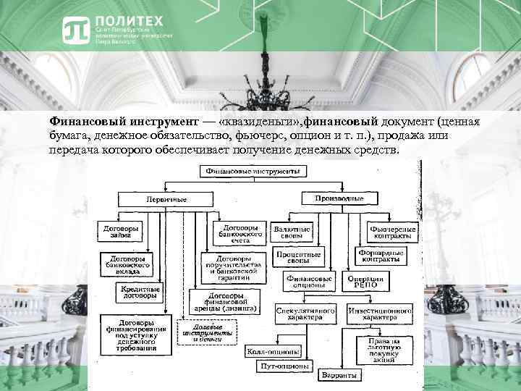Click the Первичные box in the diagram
164,198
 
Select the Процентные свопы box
297,258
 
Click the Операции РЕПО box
367,281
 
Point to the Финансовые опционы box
309,281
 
